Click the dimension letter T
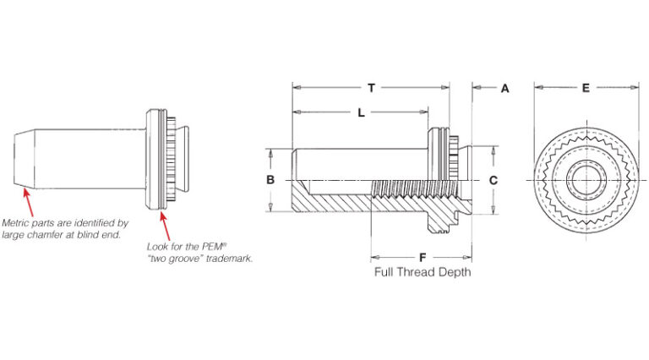tap(371, 87)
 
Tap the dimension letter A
tap(505, 87)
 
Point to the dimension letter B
tap(270, 180)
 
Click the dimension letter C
tap(494, 180)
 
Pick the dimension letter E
tap(585, 87)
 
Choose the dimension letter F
tap(422, 256)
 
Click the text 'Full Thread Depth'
tap(423, 272)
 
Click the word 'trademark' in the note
tap(230, 258)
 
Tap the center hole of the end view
tap(585, 181)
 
